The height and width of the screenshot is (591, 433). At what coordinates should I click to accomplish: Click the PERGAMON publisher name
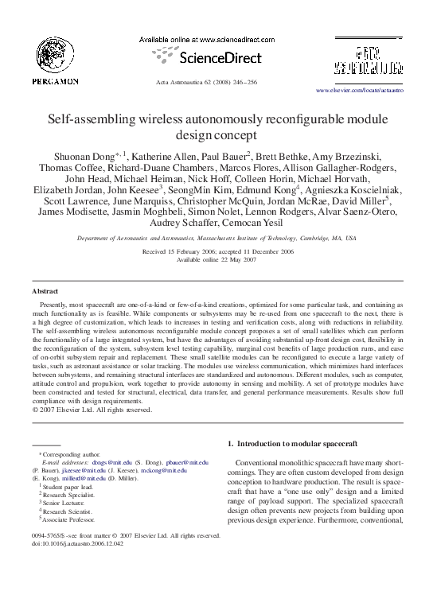55,81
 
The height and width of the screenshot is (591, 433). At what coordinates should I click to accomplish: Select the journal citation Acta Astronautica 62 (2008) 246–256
216,83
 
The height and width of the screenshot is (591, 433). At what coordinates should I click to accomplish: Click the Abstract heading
45,291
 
